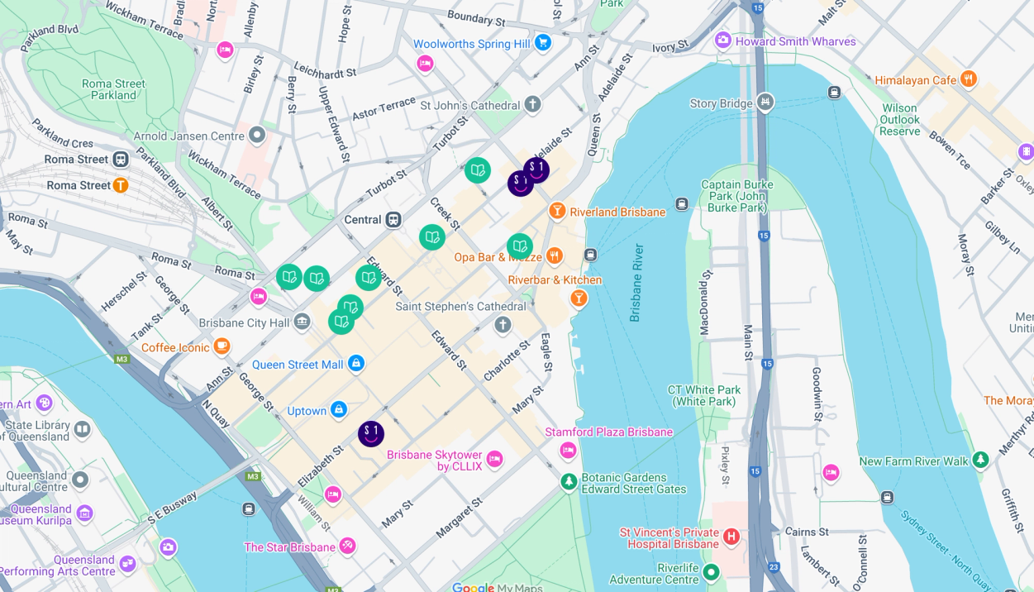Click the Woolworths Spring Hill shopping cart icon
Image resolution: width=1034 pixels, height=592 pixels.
point(542,42)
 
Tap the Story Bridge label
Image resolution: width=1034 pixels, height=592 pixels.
point(722,103)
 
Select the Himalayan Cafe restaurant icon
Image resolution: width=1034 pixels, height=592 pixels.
point(968,79)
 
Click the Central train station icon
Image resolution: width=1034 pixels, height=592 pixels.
point(393,220)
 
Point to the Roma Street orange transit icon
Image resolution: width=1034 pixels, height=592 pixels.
point(121,185)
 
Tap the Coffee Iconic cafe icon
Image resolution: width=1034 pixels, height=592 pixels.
point(222,346)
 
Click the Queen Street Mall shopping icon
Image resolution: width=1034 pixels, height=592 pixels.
point(356,363)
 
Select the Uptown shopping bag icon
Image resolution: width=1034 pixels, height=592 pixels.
point(339,410)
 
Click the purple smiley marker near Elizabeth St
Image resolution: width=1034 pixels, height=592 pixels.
point(371,433)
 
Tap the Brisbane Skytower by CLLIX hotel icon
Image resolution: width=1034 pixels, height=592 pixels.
point(494,459)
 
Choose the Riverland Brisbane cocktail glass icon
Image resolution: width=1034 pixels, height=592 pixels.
point(557,211)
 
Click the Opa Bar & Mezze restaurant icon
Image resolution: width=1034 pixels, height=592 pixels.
point(555,256)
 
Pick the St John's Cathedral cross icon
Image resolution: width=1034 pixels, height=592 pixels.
point(533,104)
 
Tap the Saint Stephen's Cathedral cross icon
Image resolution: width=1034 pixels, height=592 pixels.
point(503,324)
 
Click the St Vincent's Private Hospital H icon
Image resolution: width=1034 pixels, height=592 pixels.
point(731,537)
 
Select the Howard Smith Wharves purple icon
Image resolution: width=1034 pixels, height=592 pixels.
point(723,41)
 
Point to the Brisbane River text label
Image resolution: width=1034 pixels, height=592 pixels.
point(636,282)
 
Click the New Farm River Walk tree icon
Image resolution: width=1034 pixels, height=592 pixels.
point(980,460)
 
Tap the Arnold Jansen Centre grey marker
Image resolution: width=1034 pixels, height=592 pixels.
point(257,135)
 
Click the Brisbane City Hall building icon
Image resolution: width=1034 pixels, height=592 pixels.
point(302,322)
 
